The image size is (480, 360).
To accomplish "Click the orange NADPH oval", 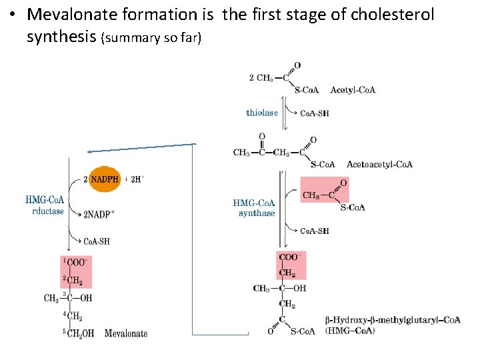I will pyautogui.click(x=105, y=179).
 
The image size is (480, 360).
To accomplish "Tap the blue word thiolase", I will pyautogui.click(x=262, y=113).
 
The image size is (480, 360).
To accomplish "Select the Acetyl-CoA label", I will pyautogui.click(x=353, y=90).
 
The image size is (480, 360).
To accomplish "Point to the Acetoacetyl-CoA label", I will pyautogui.click(x=379, y=164).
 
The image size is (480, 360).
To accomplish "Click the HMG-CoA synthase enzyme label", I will pyautogui.click(x=253, y=208).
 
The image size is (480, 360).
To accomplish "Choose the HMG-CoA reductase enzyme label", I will pyautogui.click(x=45, y=205).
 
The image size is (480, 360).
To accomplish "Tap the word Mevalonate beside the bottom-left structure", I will pyautogui.click(x=126, y=333).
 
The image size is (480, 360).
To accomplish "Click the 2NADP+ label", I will pyautogui.click(x=99, y=214).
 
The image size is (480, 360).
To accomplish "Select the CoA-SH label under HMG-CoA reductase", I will pyautogui.click(x=97, y=241).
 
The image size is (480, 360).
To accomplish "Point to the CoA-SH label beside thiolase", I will pyautogui.click(x=314, y=113).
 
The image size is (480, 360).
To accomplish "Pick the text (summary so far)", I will pyautogui.click(x=151, y=37).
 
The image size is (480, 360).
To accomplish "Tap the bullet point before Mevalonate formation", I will pyautogui.click(x=14, y=15).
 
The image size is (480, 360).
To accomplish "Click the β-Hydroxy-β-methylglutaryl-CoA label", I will pyautogui.click(x=393, y=320).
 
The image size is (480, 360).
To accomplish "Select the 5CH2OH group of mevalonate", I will pyautogui.click(x=79, y=333).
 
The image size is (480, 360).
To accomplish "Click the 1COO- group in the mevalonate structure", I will pyautogui.click(x=77, y=262).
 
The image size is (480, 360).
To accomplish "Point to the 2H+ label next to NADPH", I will pyautogui.click(x=137, y=179).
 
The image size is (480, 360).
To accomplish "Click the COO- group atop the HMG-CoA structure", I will pyautogui.click(x=291, y=257).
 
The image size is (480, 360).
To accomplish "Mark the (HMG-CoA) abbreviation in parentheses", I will pyautogui.click(x=350, y=330).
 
